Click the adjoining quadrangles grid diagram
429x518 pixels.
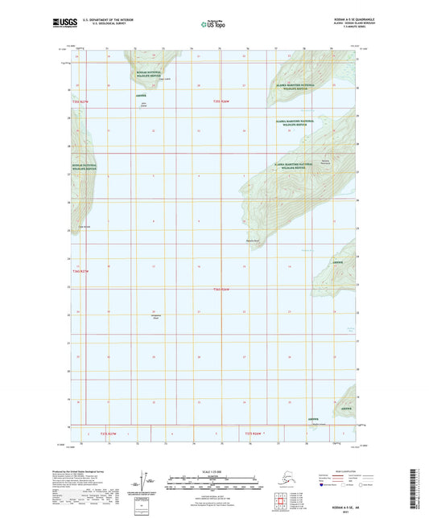point(311,486)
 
